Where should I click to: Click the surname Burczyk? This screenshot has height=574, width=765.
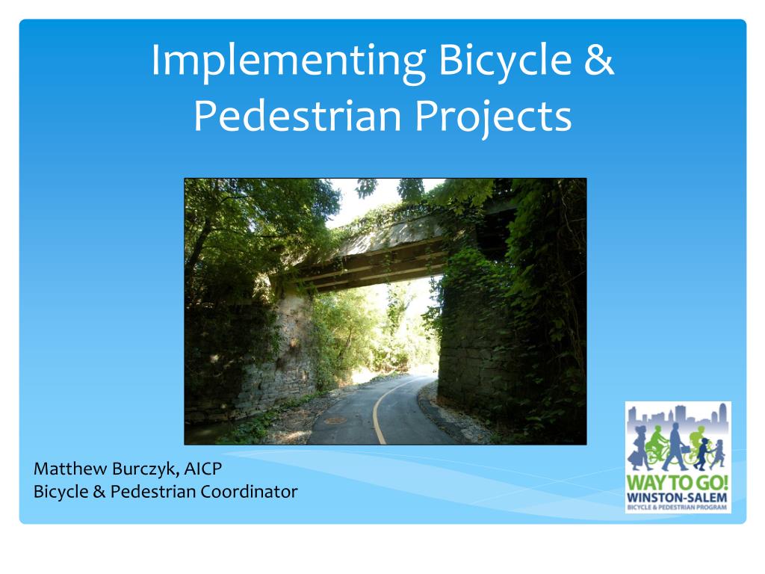(142, 470)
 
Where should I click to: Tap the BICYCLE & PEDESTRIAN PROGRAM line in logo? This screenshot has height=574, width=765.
(678, 507)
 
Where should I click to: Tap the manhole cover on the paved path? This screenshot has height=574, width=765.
(335, 420)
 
